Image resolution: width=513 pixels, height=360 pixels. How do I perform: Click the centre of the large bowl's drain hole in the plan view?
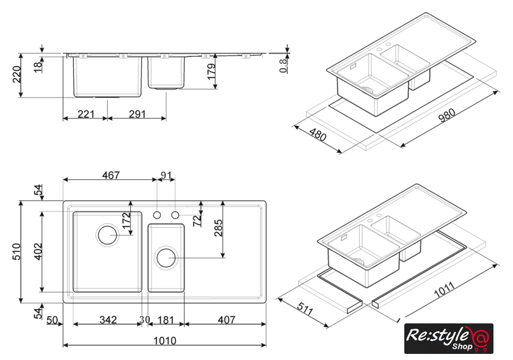(107, 235)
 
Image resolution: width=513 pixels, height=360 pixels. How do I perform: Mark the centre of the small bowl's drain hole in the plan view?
(166, 257)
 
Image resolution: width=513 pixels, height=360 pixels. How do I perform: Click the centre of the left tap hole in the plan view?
(157, 215)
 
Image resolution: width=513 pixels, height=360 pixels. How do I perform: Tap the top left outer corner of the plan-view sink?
(63, 201)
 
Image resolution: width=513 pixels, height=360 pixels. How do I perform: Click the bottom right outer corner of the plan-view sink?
(266, 303)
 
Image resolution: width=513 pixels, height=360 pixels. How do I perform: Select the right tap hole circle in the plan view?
(175, 215)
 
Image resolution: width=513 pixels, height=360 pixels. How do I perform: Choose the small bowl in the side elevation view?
(166, 73)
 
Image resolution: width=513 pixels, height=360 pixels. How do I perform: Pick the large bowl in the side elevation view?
(107, 77)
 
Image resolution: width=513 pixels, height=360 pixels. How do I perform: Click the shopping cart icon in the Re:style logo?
(480, 342)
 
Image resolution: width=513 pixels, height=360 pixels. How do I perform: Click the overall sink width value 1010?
(164, 340)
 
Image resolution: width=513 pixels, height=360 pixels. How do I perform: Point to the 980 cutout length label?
(447, 115)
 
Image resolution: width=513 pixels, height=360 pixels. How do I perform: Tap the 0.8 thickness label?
(283, 65)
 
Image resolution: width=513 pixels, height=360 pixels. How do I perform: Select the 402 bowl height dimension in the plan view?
(38, 251)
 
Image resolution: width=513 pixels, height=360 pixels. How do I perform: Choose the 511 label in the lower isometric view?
(305, 308)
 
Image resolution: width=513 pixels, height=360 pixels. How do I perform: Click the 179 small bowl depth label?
(212, 71)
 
